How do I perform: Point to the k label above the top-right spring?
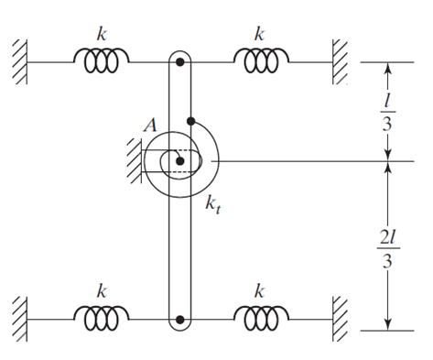(260, 34)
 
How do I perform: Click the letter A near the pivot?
(149, 126)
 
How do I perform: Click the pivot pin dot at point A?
(180, 161)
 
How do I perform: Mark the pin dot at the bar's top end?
(181, 62)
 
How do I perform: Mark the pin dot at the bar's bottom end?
(181, 320)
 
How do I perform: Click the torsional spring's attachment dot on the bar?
(190, 120)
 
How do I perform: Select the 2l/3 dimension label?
(389, 248)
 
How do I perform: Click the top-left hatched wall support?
(19, 60)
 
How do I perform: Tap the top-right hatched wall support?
(341, 60)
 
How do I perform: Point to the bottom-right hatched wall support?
(341, 317)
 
